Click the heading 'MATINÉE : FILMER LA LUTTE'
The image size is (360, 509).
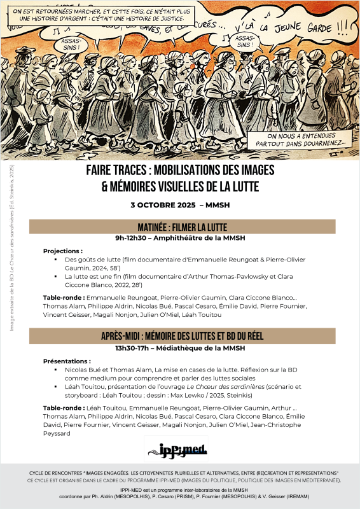click(182, 227)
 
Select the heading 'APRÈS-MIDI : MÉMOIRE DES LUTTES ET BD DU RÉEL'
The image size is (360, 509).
click(182, 337)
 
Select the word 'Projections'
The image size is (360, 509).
click(61, 251)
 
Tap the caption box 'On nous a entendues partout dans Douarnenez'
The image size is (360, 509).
click(297, 139)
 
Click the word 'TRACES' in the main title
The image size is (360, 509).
click(144, 171)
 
